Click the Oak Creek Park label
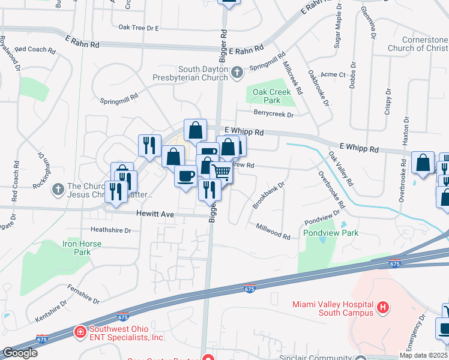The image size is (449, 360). (271, 96)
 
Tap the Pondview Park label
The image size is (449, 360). (331, 233)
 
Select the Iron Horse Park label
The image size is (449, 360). (82, 248)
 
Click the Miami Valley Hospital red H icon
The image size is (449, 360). (383, 309)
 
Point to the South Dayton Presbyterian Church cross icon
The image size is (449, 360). (237, 73)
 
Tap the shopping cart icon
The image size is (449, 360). (221, 172)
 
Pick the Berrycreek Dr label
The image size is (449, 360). (273, 114)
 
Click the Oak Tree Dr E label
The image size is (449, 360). (138, 28)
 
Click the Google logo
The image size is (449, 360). (20, 353)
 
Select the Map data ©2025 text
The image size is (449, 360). (423, 355)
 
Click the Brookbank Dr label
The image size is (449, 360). (268, 196)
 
